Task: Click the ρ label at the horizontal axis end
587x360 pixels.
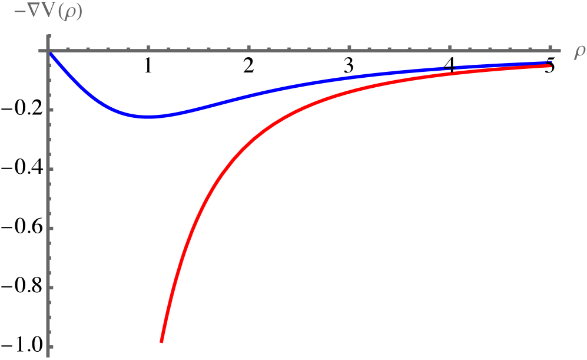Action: [x=579, y=52]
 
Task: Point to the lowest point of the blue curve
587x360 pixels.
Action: [x=150, y=117]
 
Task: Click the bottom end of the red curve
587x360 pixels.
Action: [x=161, y=341]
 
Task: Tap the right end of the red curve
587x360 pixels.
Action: [x=549, y=66]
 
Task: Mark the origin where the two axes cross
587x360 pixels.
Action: [x=47, y=51]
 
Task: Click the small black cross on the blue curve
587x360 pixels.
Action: [x=450, y=69]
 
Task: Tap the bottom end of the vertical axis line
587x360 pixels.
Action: [x=47, y=356]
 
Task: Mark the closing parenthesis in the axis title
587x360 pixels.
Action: [x=79, y=12]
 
